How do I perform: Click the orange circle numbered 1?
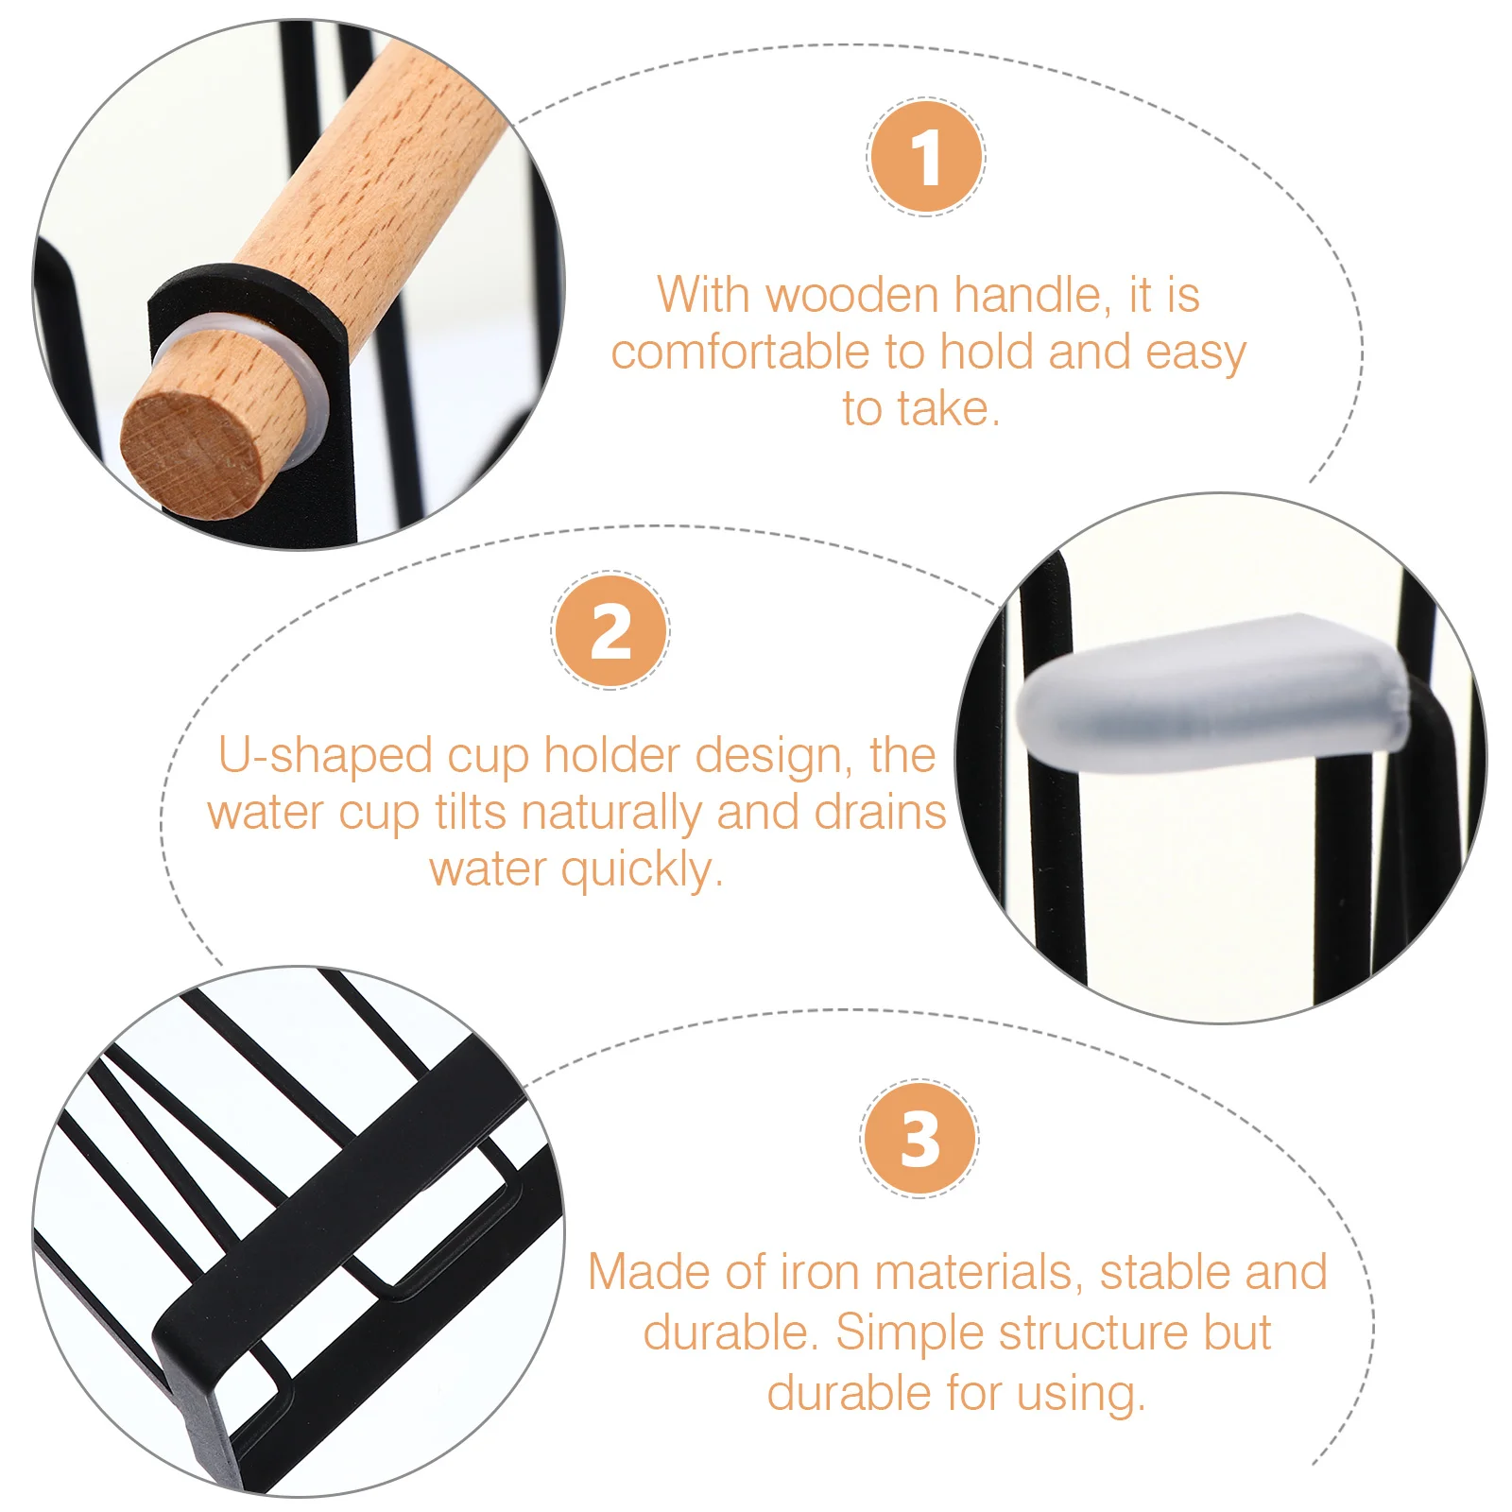(x=926, y=157)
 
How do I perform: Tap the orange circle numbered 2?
(x=610, y=631)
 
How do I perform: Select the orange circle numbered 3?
(x=919, y=1139)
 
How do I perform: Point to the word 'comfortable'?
(x=740, y=352)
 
